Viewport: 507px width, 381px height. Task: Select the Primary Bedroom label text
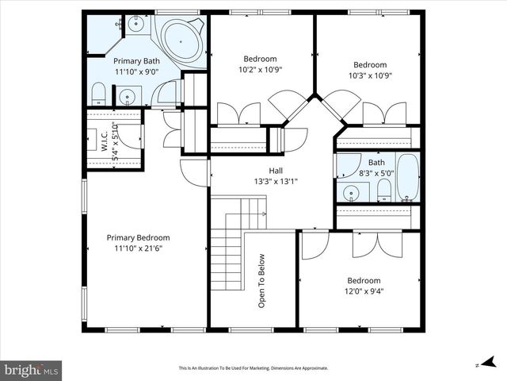[x=139, y=237]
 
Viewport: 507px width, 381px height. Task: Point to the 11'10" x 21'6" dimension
[x=139, y=248]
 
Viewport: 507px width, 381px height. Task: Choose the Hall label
[x=276, y=171]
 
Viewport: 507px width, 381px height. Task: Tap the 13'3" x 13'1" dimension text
[x=276, y=181]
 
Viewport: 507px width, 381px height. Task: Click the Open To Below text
[x=261, y=280]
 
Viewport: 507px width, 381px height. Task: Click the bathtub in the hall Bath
[x=407, y=178]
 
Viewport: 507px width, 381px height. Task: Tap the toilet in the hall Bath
[x=383, y=189]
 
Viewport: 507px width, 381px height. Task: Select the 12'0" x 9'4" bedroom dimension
[x=364, y=291]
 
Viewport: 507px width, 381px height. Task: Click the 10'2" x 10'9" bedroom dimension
[x=260, y=69]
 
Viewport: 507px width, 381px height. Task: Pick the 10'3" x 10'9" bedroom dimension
[x=370, y=75]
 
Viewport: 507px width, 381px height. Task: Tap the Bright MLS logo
[x=32, y=370]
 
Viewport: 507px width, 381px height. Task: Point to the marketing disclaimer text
[x=253, y=368]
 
